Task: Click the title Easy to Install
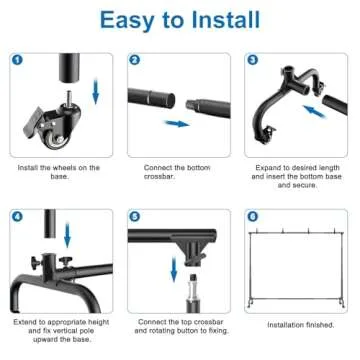tap(180, 20)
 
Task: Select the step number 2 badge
tap(134, 61)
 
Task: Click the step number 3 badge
tap(251, 61)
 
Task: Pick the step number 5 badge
tap(134, 216)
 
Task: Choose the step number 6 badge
tap(251, 216)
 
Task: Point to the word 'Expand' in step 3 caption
tap(261, 167)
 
